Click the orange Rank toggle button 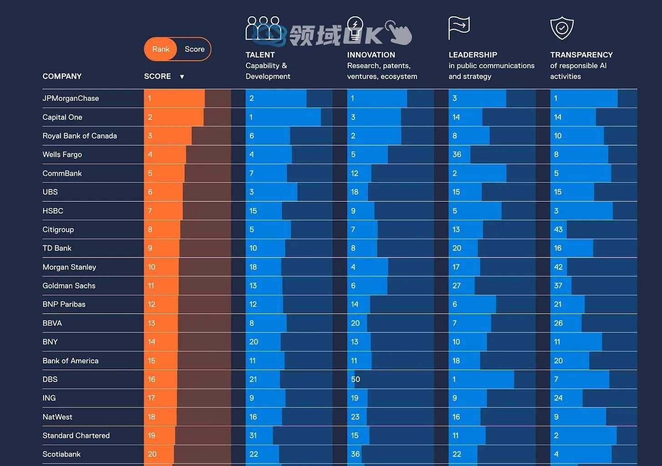coord(160,49)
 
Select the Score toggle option coord(194,49)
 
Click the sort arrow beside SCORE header coord(182,77)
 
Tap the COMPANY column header coord(62,76)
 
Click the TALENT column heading coord(260,55)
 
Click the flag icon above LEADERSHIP coord(459,28)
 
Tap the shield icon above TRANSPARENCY coord(562,28)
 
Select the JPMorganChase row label coord(70,98)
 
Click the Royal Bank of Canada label coord(80,136)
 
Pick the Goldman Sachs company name coord(69,286)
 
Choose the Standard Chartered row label coord(76,436)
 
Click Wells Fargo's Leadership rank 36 coord(456,154)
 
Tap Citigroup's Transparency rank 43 coord(558,229)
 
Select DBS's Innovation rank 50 coord(355,379)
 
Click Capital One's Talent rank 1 coord(251,117)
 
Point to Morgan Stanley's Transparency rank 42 coord(558,267)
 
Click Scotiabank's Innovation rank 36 coord(355,454)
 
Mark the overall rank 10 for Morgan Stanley coord(151,267)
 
